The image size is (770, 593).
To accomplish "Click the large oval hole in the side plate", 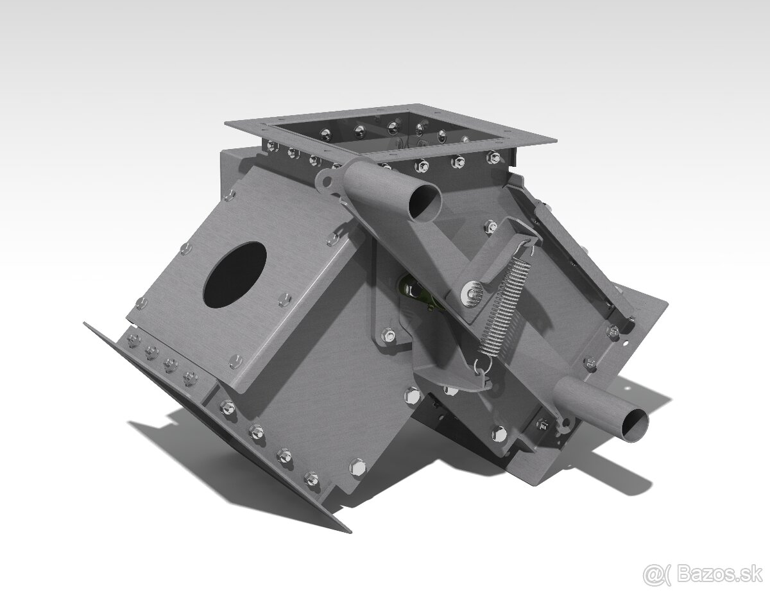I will pyautogui.click(x=234, y=274).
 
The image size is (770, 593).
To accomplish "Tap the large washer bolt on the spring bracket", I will pyautogui.click(x=472, y=293).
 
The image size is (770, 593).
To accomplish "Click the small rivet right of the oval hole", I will pyautogui.click(x=284, y=299).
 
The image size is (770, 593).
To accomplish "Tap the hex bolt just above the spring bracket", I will pyautogui.click(x=491, y=225).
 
